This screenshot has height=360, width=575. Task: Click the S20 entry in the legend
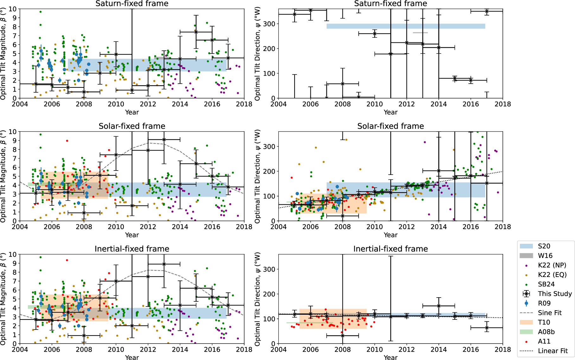[544, 246]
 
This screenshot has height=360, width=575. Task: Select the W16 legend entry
[545, 256]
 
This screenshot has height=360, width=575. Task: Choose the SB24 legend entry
[546, 284]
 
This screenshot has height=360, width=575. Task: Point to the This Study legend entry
[555, 294]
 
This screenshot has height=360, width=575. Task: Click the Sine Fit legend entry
[550, 313]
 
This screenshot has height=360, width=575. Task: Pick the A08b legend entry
[546, 332]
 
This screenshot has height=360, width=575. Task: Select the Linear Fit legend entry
[553, 351]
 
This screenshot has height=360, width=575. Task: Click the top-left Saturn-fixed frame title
[132, 4]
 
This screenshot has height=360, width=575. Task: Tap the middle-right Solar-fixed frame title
[390, 126]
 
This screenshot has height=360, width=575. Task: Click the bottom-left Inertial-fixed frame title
[132, 249]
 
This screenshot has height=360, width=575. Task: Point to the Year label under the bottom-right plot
[390, 357]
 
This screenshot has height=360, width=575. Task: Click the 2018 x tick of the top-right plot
[503, 104]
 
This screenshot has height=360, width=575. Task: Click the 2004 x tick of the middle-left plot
[20, 227]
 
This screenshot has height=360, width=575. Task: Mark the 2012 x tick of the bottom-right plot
[406, 349]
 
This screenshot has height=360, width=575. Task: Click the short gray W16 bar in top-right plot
[420, 33]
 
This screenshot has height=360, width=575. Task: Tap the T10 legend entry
[544, 322]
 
